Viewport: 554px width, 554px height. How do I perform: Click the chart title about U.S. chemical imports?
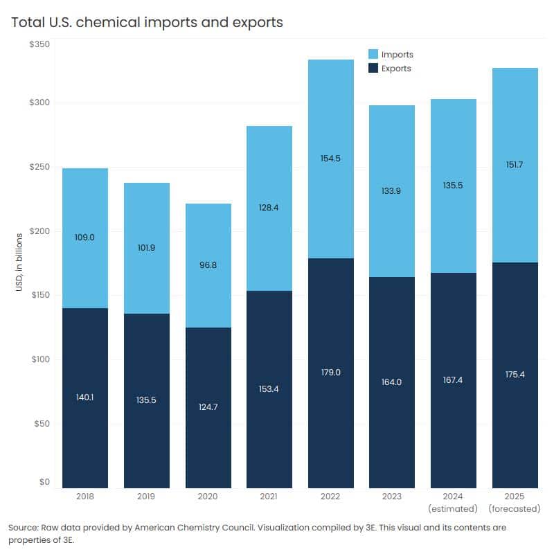click(148, 22)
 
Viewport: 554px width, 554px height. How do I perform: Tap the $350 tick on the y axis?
click(39, 44)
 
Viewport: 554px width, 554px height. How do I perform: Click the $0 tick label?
click(44, 482)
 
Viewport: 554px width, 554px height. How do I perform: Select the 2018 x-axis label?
click(85, 497)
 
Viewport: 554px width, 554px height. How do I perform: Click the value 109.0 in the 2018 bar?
click(85, 238)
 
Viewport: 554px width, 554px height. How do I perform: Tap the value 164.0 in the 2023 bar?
click(392, 382)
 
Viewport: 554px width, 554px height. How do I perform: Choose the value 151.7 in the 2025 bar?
click(515, 164)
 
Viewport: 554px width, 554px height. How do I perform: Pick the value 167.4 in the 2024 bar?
click(454, 380)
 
